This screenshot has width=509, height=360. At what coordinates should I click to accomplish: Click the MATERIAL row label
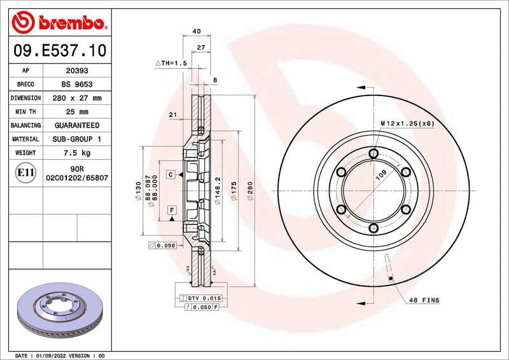click(x=26, y=139)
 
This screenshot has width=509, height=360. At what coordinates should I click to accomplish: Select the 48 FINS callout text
click(x=424, y=300)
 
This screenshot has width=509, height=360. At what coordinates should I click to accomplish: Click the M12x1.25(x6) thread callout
click(x=407, y=123)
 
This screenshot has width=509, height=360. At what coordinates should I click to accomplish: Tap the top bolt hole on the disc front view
click(x=373, y=153)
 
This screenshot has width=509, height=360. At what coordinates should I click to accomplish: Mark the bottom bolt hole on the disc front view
click(x=373, y=228)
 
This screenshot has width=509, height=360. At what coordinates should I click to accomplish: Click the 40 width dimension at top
click(x=196, y=31)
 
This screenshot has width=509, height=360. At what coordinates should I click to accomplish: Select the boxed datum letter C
click(x=171, y=174)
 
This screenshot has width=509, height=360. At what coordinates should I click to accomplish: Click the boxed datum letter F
click(x=171, y=210)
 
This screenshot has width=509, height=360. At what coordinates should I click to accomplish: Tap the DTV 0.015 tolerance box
click(x=200, y=298)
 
